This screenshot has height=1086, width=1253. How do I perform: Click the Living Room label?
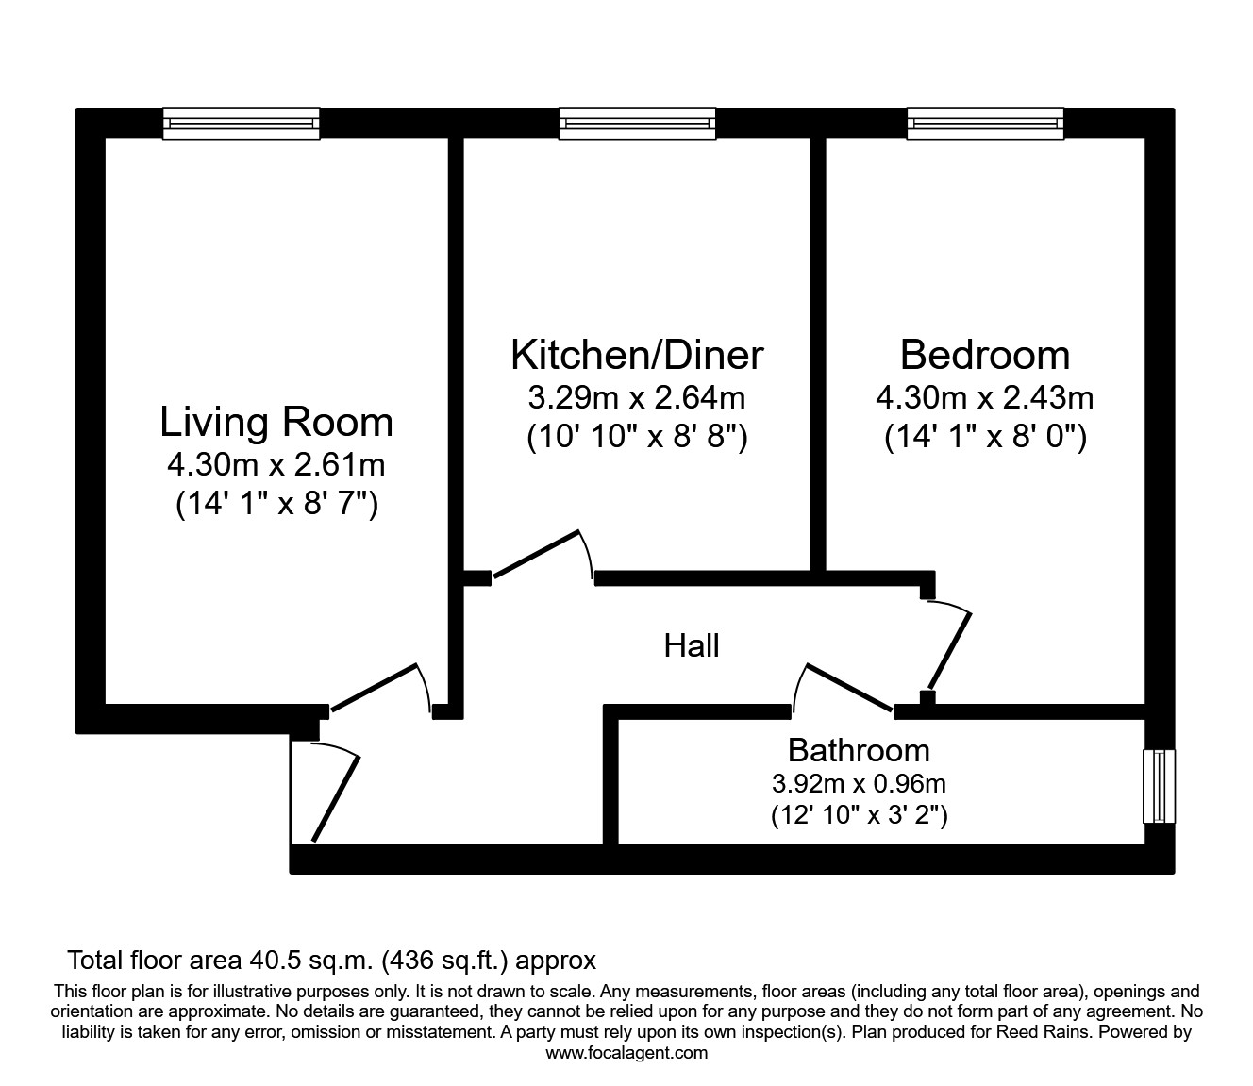[276, 422]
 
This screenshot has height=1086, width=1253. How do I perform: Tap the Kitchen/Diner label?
[637, 355]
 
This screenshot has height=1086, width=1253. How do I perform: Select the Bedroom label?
[985, 355]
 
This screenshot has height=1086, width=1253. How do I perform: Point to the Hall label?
[692, 646]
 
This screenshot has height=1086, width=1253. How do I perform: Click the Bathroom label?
[859, 750]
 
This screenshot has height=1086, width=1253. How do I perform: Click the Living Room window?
[242, 124]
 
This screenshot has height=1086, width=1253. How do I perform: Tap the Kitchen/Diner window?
[637, 124]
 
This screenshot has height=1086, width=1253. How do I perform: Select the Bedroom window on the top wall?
[985, 124]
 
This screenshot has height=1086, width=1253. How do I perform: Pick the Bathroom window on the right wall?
[1160, 786]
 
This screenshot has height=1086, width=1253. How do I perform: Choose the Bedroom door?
[949, 648]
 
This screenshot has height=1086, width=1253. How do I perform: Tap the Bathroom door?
[846, 686]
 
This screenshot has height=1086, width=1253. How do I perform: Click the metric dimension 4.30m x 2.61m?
[276, 464]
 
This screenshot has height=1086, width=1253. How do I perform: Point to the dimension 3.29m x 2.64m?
[637, 397]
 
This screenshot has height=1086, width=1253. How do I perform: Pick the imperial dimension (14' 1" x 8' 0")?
[985, 438]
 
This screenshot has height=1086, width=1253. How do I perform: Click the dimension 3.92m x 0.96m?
[859, 783]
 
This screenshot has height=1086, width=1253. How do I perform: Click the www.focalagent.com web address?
[626, 1053]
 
